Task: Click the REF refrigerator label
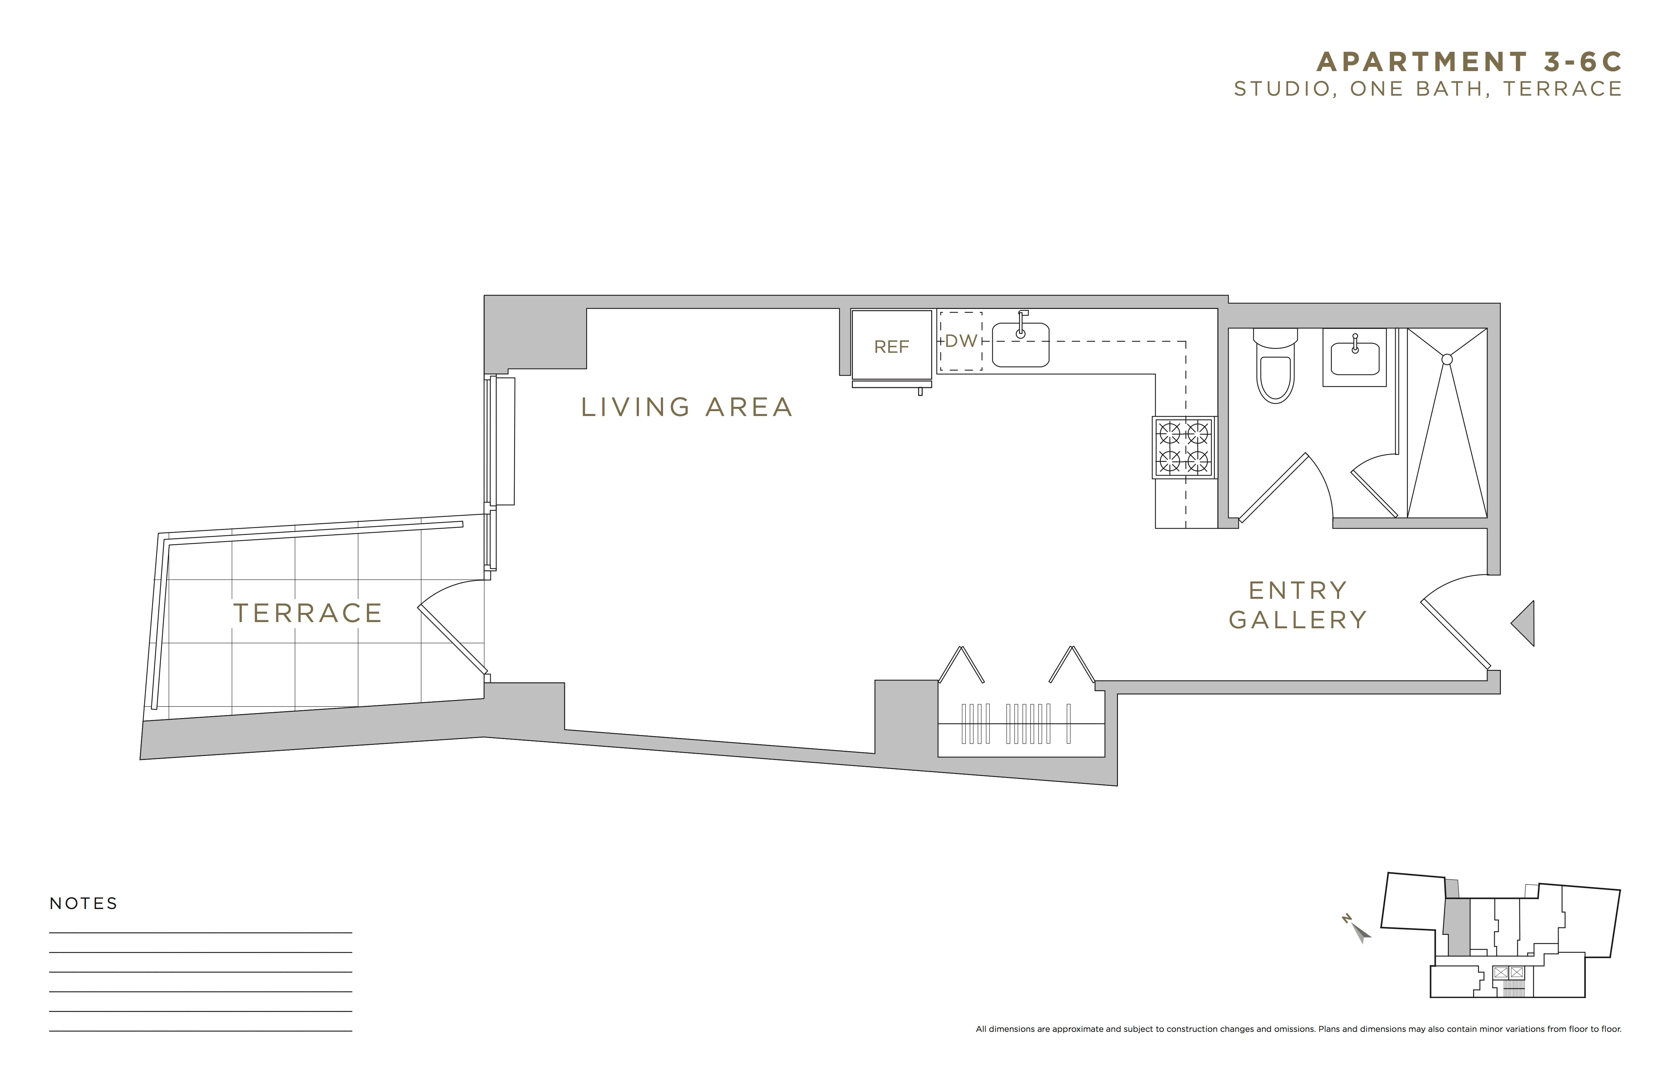[x=891, y=347]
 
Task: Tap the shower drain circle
[x=1446, y=359]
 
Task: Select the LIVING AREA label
[x=687, y=407]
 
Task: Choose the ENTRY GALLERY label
[x=1297, y=605]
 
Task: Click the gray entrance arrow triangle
[x=1525, y=623]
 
